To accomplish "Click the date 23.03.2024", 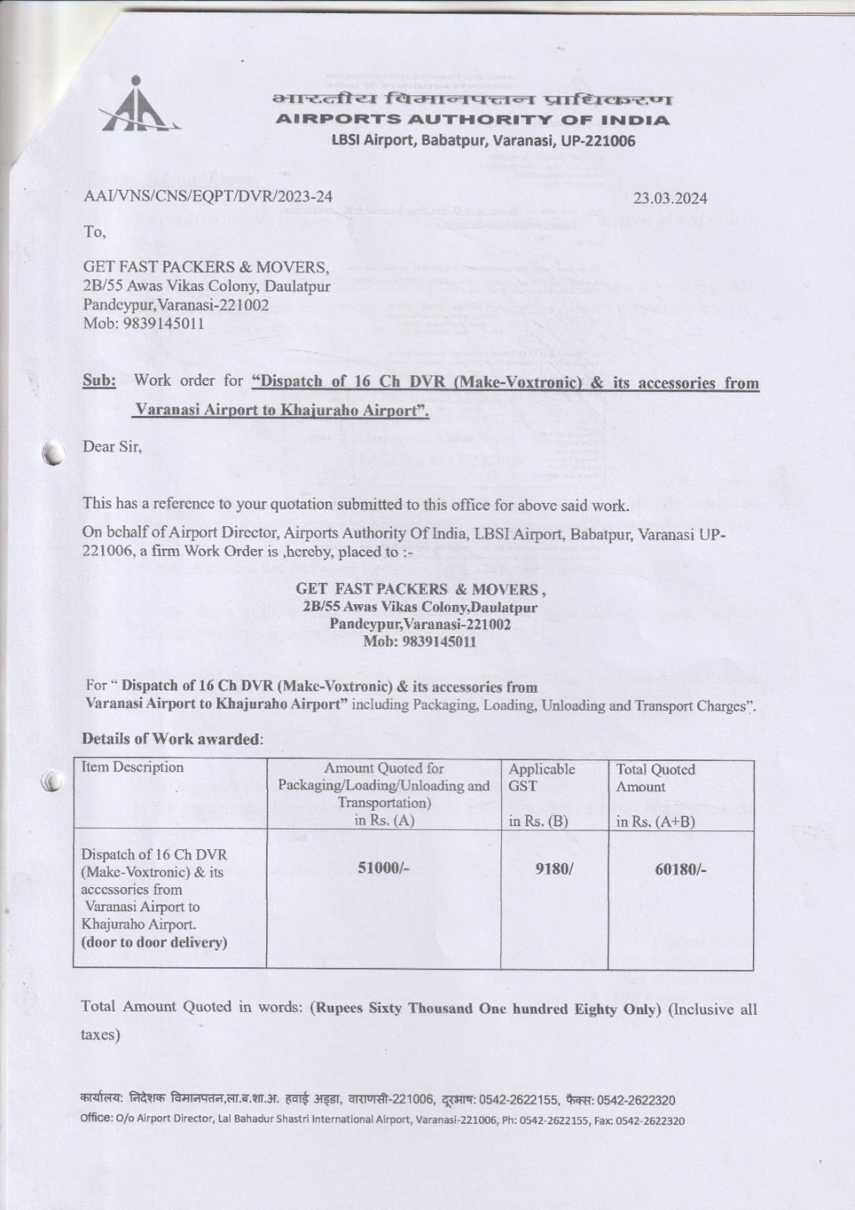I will tap(670, 198).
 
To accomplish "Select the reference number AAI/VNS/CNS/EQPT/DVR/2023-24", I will tap(207, 197).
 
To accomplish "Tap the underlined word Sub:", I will tap(99, 380).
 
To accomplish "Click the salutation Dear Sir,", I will tap(112, 446).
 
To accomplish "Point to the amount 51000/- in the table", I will tap(383, 867).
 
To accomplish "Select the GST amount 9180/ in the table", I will tap(554, 869).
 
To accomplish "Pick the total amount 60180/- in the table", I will tap(680, 869).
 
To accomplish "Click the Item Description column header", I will tap(132, 767).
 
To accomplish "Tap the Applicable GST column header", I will tap(541, 777).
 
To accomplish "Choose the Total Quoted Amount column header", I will tap(655, 777).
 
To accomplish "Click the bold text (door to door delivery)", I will tap(154, 942).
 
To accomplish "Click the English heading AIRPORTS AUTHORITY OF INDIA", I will tap(472, 119).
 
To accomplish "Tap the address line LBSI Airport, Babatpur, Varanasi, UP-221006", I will tap(483, 141).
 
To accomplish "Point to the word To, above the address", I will tap(94, 231).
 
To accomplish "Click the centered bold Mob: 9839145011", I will tap(420, 642).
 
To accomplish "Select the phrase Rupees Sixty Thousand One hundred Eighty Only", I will tap(485, 1008).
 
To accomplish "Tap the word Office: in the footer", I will tap(96, 1119).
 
